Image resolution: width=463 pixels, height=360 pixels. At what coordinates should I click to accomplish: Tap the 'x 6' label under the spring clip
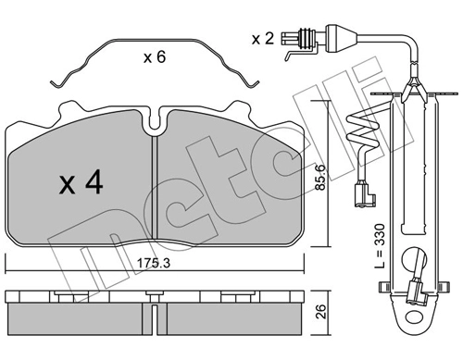pyautogui.click(x=155, y=57)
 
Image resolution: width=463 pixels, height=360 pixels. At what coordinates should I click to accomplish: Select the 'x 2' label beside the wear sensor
pyautogui.click(x=262, y=39)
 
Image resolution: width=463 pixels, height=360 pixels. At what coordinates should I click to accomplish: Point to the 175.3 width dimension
pyautogui.click(x=154, y=263)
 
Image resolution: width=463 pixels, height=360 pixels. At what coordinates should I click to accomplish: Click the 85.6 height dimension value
pyautogui.click(x=320, y=177)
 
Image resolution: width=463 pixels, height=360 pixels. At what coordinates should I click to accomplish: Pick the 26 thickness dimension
pyautogui.click(x=321, y=312)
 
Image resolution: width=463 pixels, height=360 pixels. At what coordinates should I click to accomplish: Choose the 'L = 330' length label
pyautogui.click(x=380, y=246)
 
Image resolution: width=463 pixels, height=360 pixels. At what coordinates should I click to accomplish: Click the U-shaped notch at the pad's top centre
pyautogui.click(x=155, y=122)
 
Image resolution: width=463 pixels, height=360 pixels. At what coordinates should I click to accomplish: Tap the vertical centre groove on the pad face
pyautogui.click(x=155, y=187)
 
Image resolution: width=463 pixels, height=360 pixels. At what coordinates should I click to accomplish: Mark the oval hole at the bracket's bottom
pyautogui.click(x=414, y=317)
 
